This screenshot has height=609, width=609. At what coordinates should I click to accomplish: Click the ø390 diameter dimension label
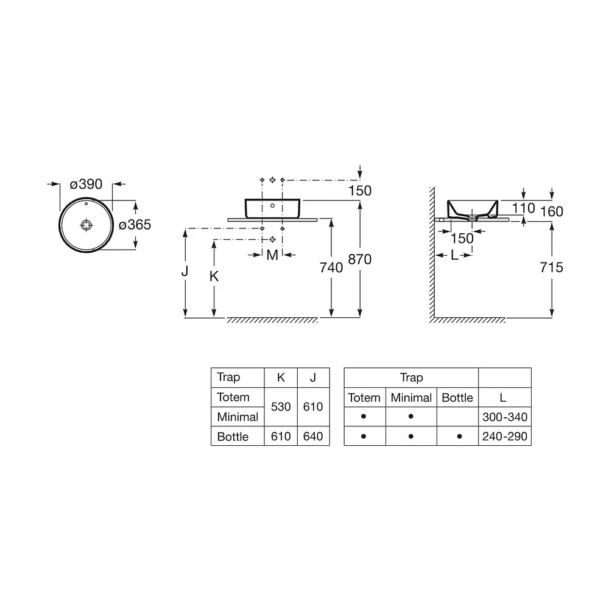(x=86, y=184)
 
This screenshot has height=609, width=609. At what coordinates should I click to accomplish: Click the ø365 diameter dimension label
(x=135, y=225)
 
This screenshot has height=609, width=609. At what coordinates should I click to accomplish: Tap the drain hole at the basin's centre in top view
(x=86, y=225)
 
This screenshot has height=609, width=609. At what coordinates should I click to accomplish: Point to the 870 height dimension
(x=360, y=259)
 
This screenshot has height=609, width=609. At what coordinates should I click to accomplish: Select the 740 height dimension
(x=331, y=267)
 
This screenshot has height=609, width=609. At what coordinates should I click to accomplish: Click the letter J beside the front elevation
(x=185, y=271)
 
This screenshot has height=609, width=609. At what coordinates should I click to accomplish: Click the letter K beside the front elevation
(x=214, y=276)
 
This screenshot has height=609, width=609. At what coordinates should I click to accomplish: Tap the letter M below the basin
(x=272, y=255)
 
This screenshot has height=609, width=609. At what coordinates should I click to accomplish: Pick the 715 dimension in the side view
(x=551, y=267)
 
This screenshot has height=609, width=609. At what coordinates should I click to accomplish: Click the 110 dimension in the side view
(x=523, y=208)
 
